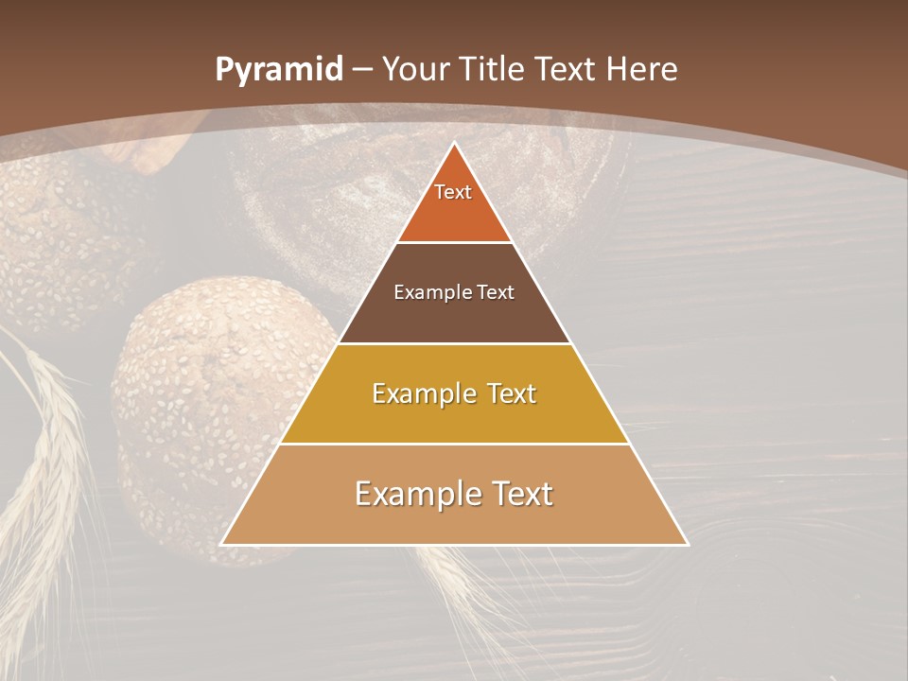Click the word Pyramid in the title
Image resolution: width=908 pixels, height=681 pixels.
coord(278,69)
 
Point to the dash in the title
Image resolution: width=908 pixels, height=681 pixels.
coord(362,70)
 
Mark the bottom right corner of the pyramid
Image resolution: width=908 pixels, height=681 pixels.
coord(687,544)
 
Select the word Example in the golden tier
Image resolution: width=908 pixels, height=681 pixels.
coord(424,393)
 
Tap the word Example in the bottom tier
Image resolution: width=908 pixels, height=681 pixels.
coord(413,494)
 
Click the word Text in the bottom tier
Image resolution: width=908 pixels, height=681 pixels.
coord(518,494)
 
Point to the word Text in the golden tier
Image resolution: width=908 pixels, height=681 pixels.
coord(511,393)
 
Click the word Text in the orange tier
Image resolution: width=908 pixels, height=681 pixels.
coord(453,192)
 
